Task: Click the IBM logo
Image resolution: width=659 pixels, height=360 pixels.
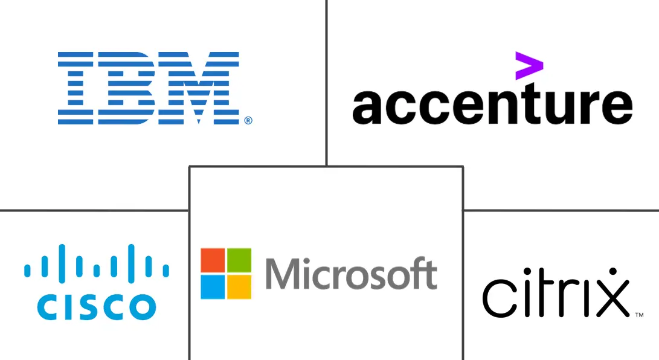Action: [155, 88]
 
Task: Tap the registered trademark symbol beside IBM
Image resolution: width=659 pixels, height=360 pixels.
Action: [248, 121]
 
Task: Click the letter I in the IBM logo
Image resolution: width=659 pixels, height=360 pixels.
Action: [76, 88]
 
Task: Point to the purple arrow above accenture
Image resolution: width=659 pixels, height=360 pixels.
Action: [529, 65]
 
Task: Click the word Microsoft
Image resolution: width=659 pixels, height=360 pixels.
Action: [352, 274]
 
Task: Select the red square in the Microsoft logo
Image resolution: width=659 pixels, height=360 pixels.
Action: [213, 260]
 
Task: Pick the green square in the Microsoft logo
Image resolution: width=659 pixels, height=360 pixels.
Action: [239, 260]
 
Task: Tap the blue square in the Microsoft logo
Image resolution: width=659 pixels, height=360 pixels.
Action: [213, 286]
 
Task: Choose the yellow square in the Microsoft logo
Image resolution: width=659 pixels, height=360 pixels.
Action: [239, 286]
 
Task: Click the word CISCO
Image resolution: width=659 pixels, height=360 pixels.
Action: [97, 307]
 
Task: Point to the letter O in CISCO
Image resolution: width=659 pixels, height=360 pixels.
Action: [143, 307]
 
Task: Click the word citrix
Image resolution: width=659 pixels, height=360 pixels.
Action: [556, 293]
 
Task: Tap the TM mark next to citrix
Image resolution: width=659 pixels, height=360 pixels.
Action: [639, 315]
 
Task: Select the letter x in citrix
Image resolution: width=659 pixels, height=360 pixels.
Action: [612, 298]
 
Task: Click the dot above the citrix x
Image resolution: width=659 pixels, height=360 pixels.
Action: [612, 271]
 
